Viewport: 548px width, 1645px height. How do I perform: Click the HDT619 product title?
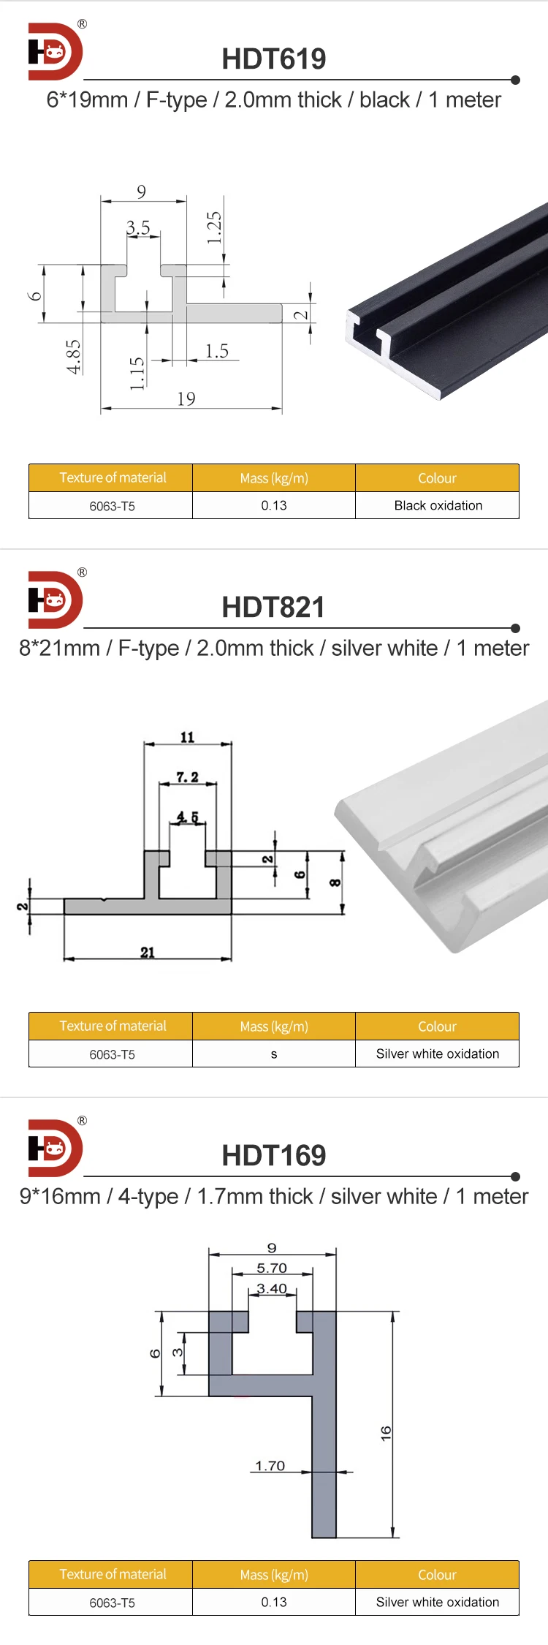pos(274,59)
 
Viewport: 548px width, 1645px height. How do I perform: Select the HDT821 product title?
pos(273,608)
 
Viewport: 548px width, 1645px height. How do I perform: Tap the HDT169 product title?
pos(274,1156)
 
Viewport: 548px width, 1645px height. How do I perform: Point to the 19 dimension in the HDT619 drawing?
pos(186,398)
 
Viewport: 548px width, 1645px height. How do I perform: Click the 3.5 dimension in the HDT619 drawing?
pos(138,228)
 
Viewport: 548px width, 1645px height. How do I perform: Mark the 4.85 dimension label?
pos(74,357)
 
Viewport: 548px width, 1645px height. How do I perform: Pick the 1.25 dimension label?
pos(213,227)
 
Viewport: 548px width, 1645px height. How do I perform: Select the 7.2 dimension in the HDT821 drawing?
pos(187,777)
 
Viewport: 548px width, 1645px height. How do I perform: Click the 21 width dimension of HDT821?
pos(148,952)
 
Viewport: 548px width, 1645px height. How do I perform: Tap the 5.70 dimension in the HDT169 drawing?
pos(272,1268)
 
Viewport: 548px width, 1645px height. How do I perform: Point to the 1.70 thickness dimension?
pos(270,1466)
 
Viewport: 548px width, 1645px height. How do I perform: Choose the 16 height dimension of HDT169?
pos(386,1433)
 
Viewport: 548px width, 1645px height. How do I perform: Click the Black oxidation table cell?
pos(438,505)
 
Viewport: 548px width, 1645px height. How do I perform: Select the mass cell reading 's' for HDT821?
pos(274,1054)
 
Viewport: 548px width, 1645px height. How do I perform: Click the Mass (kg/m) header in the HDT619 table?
pos(274,478)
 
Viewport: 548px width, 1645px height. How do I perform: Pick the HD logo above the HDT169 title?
pos(55,1148)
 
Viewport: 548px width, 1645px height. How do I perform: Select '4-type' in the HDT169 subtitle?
pos(148,1197)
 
